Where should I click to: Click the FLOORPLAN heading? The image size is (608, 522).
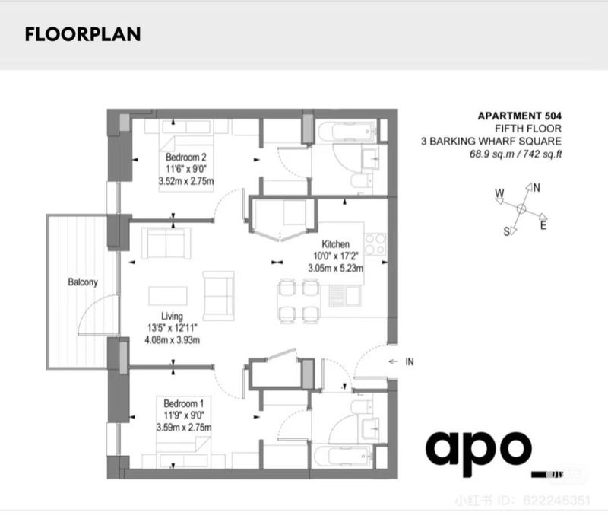(83, 34)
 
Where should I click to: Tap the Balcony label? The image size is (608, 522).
(83, 282)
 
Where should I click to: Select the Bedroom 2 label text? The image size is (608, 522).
(185, 158)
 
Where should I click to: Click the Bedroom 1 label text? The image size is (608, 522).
(183, 403)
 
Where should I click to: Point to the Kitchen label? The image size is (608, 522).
(335, 244)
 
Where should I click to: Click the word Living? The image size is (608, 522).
(172, 316)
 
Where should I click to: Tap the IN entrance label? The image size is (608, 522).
(410, 361)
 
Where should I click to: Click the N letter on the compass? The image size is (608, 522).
(537, 188)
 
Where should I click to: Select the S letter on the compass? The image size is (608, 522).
(506, 231)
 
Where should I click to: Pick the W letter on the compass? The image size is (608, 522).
(499, 193)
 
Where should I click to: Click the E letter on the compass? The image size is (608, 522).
(543, 225)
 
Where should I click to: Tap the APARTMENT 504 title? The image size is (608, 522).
(519, 116)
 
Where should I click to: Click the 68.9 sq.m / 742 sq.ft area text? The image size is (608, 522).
(516, 154)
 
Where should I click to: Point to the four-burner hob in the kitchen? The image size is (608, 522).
(375, 243)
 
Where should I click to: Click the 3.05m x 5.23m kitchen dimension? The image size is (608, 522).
(335, 268)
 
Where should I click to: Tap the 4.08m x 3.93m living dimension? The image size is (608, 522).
(173, 340)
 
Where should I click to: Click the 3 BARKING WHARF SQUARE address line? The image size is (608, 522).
(491, 141)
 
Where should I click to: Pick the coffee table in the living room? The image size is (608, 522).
(167, 296)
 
